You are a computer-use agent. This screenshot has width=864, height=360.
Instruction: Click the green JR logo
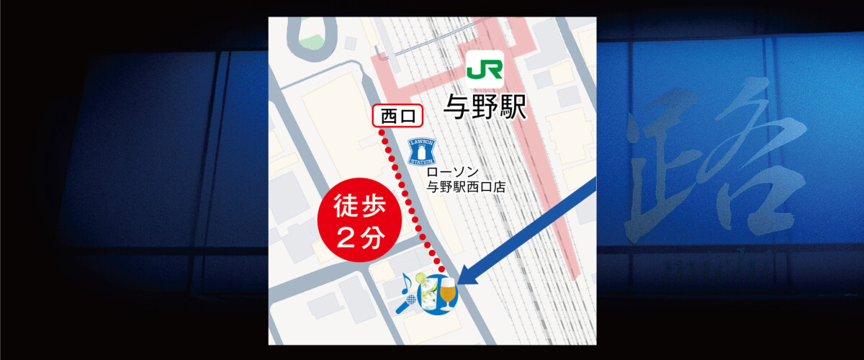coord(484,69)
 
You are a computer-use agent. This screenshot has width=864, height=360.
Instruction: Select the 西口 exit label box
coord(396,116)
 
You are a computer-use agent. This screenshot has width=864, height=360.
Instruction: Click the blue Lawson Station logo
coord(422,151)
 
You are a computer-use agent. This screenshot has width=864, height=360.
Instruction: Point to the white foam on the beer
coord(448,283)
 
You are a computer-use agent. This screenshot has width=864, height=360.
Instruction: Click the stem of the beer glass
coord(449,306)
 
